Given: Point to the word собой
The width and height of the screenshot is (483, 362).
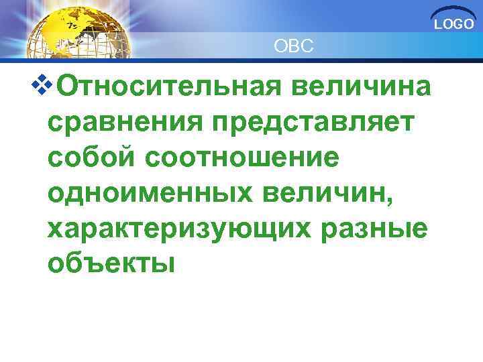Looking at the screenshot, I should (91, 160).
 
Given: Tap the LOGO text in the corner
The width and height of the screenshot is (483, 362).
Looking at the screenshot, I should (453, 25).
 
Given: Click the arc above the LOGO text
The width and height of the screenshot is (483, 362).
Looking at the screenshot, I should (453, 14).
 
